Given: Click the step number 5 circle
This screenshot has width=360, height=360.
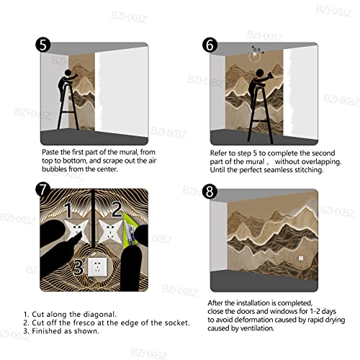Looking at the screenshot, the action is pos(43,45).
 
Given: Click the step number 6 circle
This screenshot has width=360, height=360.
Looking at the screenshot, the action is pos(210,45).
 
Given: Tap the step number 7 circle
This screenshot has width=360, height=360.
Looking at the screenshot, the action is pos(42,190).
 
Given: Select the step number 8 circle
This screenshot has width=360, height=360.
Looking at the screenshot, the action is pos(210,192).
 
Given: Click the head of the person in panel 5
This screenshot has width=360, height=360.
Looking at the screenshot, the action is pos(68,73).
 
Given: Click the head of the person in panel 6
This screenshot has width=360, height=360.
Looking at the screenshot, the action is pos(260,73).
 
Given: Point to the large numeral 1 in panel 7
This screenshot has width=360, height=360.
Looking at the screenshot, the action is pos(68,210).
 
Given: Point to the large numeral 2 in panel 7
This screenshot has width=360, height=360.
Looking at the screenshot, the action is pos(117,209).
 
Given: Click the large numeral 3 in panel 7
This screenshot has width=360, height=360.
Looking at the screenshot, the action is pos(78,267).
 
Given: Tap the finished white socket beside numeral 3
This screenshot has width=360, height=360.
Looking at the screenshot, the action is pos(97,266).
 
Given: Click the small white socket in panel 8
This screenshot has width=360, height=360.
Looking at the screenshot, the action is pos(301,258).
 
